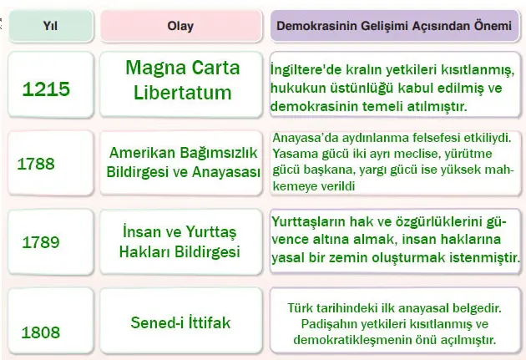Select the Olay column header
point(180,25)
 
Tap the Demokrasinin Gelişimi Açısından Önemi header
point(391,25)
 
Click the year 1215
point(47,89)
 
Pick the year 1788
point(37,164)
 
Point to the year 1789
point(41,242)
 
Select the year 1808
point(41,332)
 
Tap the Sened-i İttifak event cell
point(181,321)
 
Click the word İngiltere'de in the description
point(305,69)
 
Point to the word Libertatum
point(182,92)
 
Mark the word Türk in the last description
point(301,307)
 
